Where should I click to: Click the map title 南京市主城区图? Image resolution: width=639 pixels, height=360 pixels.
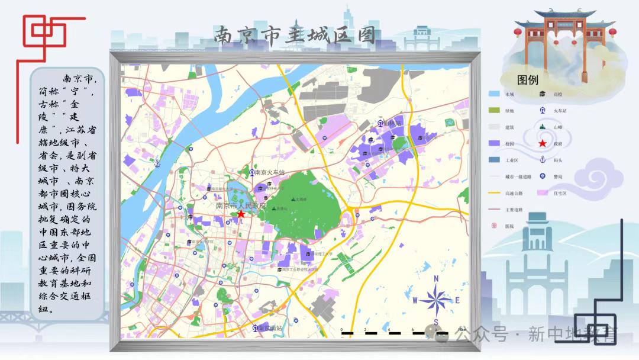pyautogui.click(x=295, y=36)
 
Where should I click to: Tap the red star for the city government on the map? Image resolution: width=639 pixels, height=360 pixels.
pyautogui.click(x=241, y=214)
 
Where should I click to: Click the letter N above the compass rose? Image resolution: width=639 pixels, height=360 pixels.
pyautogui.click(x=436, y=279)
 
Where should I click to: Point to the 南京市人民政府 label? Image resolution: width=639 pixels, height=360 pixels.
pyautogui.click(x=241, y=205)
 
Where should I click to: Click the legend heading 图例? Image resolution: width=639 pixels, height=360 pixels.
pyautogui.click(x=528, y=80)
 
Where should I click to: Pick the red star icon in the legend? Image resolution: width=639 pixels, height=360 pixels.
pyautogui.click(x=542, y=143)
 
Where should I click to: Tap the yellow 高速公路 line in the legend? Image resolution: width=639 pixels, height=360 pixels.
pyautogui.click(x=495, y=193)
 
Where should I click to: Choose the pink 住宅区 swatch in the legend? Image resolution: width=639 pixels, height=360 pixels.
pyautogui.click(x=542, y=193)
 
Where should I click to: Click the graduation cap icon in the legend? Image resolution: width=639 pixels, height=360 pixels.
pyautogui.click(x=542, y=94)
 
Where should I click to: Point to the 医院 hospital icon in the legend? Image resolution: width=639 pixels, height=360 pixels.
pyautogui.click(x=493, y=226)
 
